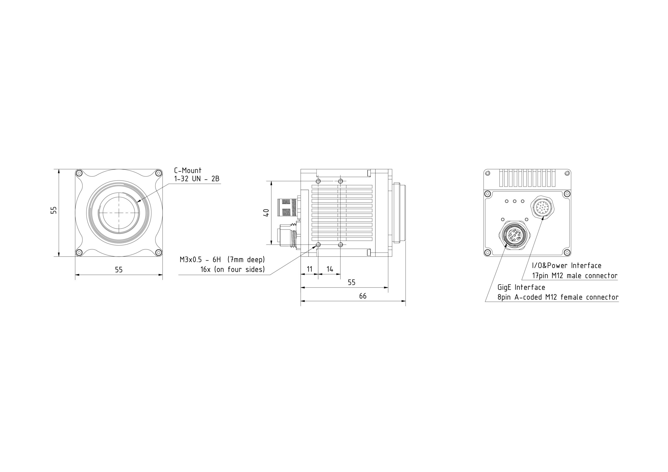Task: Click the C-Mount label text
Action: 188,170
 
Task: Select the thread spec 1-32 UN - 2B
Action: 197,179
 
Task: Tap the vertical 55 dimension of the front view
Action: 54,210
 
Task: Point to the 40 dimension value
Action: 266,213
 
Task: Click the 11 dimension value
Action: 309,269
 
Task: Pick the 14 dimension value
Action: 330,269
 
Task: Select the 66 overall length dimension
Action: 362,296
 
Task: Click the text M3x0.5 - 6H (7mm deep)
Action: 222,259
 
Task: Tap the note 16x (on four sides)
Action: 233,270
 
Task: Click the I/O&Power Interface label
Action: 566,265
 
